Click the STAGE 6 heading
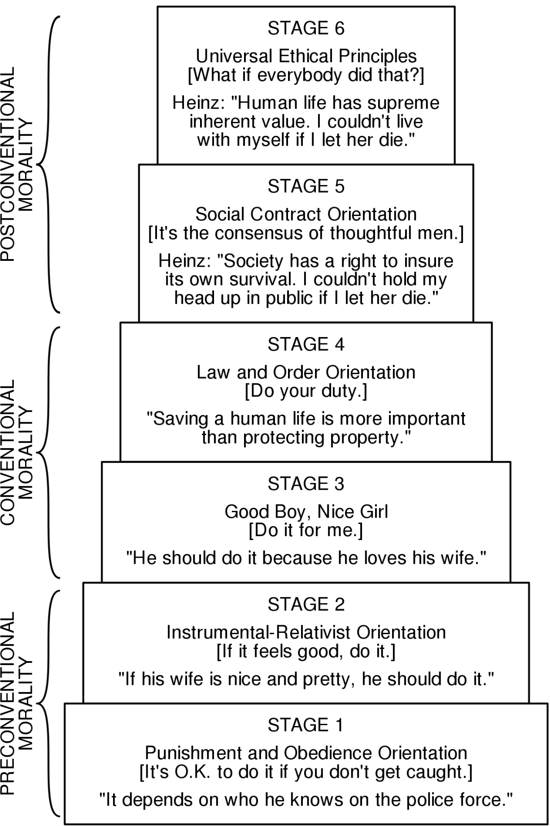pyautogui.click(x=306, y=28)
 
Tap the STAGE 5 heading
pyautogui.click(x=306, y=186)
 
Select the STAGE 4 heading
pyautogui.click(x=306, y=344)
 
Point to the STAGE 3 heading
pyautogui.click(x=306, y=484)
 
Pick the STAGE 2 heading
pyautogui.click(x=306, y=604)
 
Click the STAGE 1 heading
pyautogui.click(x=306, y=725)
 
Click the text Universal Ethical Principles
pyautogui.click(x=306, y=56)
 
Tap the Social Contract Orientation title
pyautogui.click(x=306, y=214)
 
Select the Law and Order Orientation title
pyautogui.click(x=306, y=372)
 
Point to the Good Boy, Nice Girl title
pyautogui.click(x=306, y=511)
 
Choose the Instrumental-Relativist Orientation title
pyautogui.click(x=306, y=632)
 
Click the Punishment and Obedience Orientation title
pyautogui.click(x=306, y=753)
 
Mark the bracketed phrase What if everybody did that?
pyautogui.click(x=306, y=75)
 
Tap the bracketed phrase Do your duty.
pyautogui.click(x=306, y=391)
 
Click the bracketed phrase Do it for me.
pyautogui.click(x=306, y=530)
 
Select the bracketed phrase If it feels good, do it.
pyautogui.click(x=306, y=651)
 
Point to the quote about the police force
pyautogui.click(x=306, y=800)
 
